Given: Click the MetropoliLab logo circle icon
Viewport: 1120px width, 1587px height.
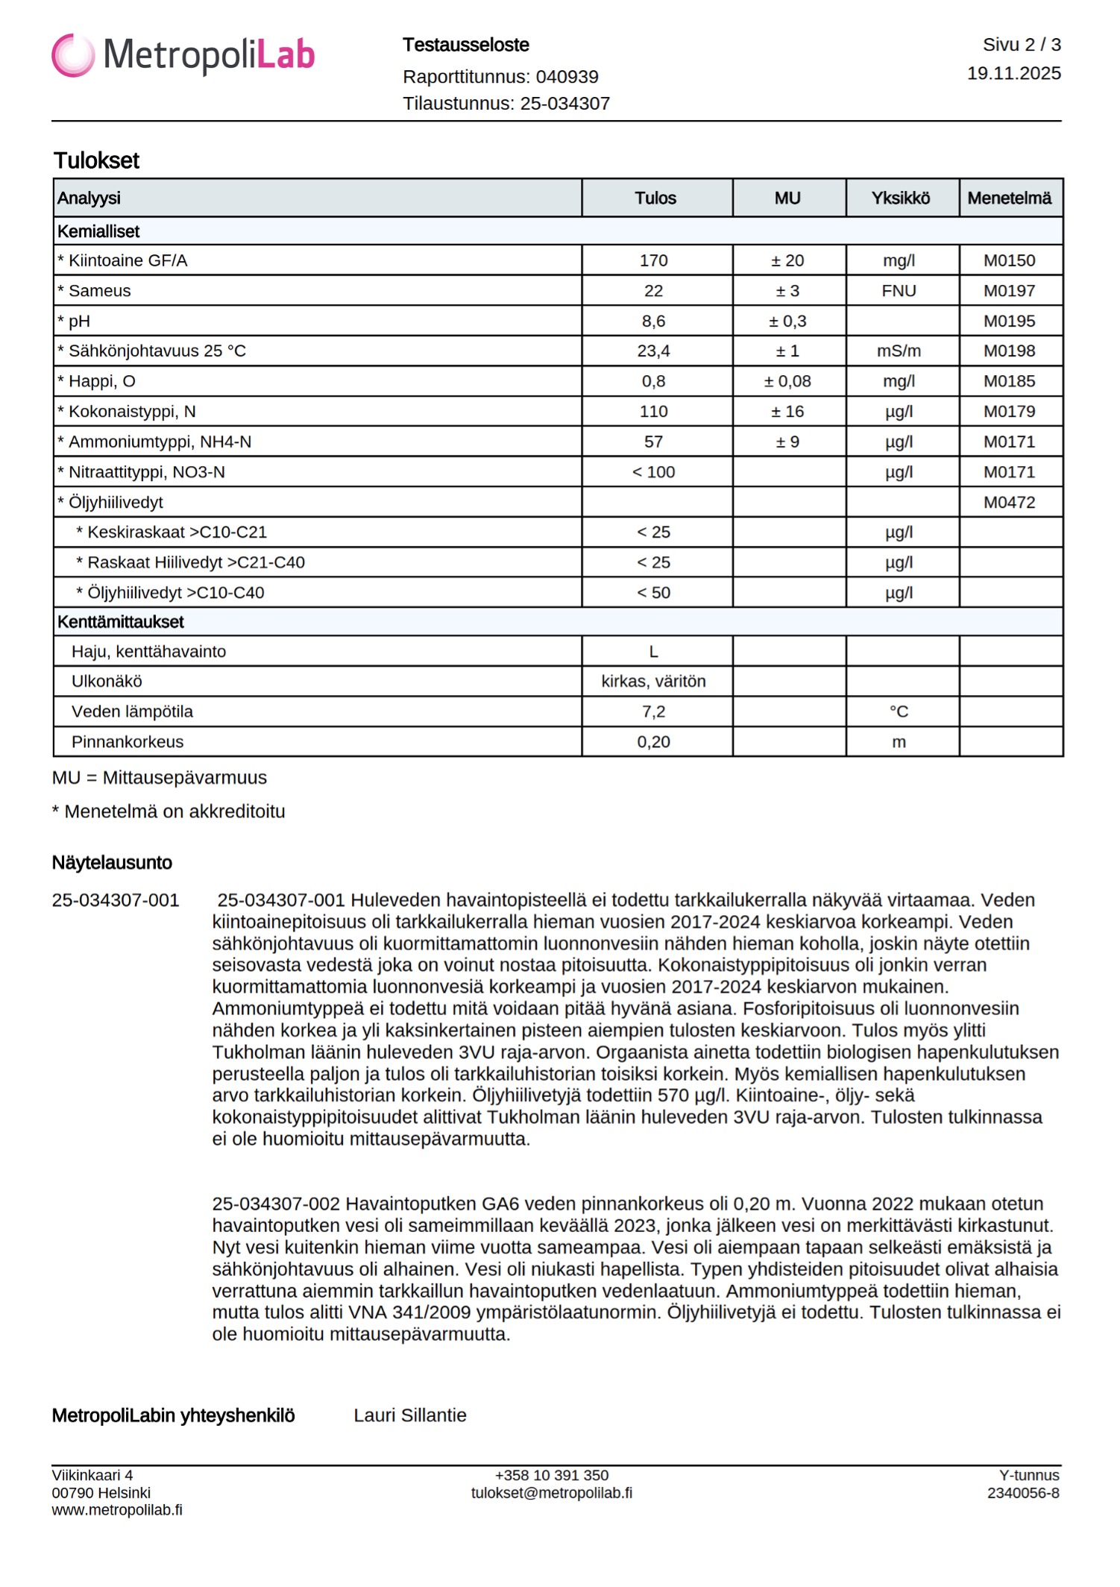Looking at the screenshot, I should point(73,55).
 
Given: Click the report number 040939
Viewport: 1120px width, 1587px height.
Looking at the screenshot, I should point(567,77).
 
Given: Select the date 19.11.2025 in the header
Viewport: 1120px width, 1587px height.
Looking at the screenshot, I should point(1013,73).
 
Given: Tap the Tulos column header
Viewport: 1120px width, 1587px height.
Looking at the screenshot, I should point(655,198).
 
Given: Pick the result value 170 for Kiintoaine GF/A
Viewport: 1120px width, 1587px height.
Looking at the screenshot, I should point(653,261).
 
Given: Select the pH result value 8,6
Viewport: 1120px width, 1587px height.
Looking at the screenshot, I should point(653,321).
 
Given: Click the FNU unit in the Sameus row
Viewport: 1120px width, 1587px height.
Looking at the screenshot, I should point(899,291).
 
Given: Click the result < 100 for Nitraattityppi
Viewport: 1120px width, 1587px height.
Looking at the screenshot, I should point(653,472).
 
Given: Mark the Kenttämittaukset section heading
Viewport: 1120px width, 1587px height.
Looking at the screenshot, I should point(121,622).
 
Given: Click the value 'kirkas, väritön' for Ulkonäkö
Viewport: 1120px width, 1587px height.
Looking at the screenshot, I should point(653,682).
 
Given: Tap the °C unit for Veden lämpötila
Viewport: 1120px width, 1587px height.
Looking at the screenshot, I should point(899,712).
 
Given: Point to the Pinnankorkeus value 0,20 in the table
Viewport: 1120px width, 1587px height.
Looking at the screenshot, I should point(653,742).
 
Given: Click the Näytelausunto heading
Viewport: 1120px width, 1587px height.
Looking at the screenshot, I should point(112,863).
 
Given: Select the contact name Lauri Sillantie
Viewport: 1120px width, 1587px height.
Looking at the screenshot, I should point(410,1415).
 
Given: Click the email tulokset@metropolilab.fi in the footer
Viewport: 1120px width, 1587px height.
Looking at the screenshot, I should point(552,1493).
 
